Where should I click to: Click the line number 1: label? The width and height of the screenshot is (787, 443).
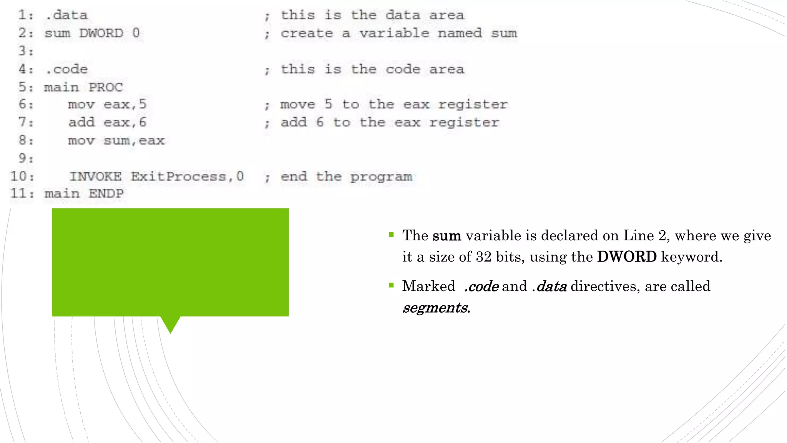coord(26,15)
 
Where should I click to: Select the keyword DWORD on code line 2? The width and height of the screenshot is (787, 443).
coord(101,33)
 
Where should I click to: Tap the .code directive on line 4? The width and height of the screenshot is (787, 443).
coord(66,70)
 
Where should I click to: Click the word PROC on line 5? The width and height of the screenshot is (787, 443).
coord(106,88)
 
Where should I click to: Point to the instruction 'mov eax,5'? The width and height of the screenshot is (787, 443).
coord(107,105)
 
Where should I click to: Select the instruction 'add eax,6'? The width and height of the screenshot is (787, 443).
coord(107,123)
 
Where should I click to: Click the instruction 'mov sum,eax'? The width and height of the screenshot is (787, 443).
coord(116,141)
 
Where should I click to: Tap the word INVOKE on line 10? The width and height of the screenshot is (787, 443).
coord(95,177)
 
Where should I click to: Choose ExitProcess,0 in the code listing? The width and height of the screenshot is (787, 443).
coord(187,177)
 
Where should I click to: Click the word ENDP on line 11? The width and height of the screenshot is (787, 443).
coord(106,194)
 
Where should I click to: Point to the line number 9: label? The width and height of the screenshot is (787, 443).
coord(26,158)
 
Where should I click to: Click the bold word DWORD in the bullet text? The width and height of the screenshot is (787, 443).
coord(627,257)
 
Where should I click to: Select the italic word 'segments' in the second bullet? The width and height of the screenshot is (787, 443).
coord(435,308)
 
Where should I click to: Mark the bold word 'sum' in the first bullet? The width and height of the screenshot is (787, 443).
coord(447,236)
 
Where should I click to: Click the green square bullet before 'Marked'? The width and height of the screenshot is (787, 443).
coord(391,285)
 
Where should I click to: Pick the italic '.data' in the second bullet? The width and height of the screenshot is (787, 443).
coord(550,286)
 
